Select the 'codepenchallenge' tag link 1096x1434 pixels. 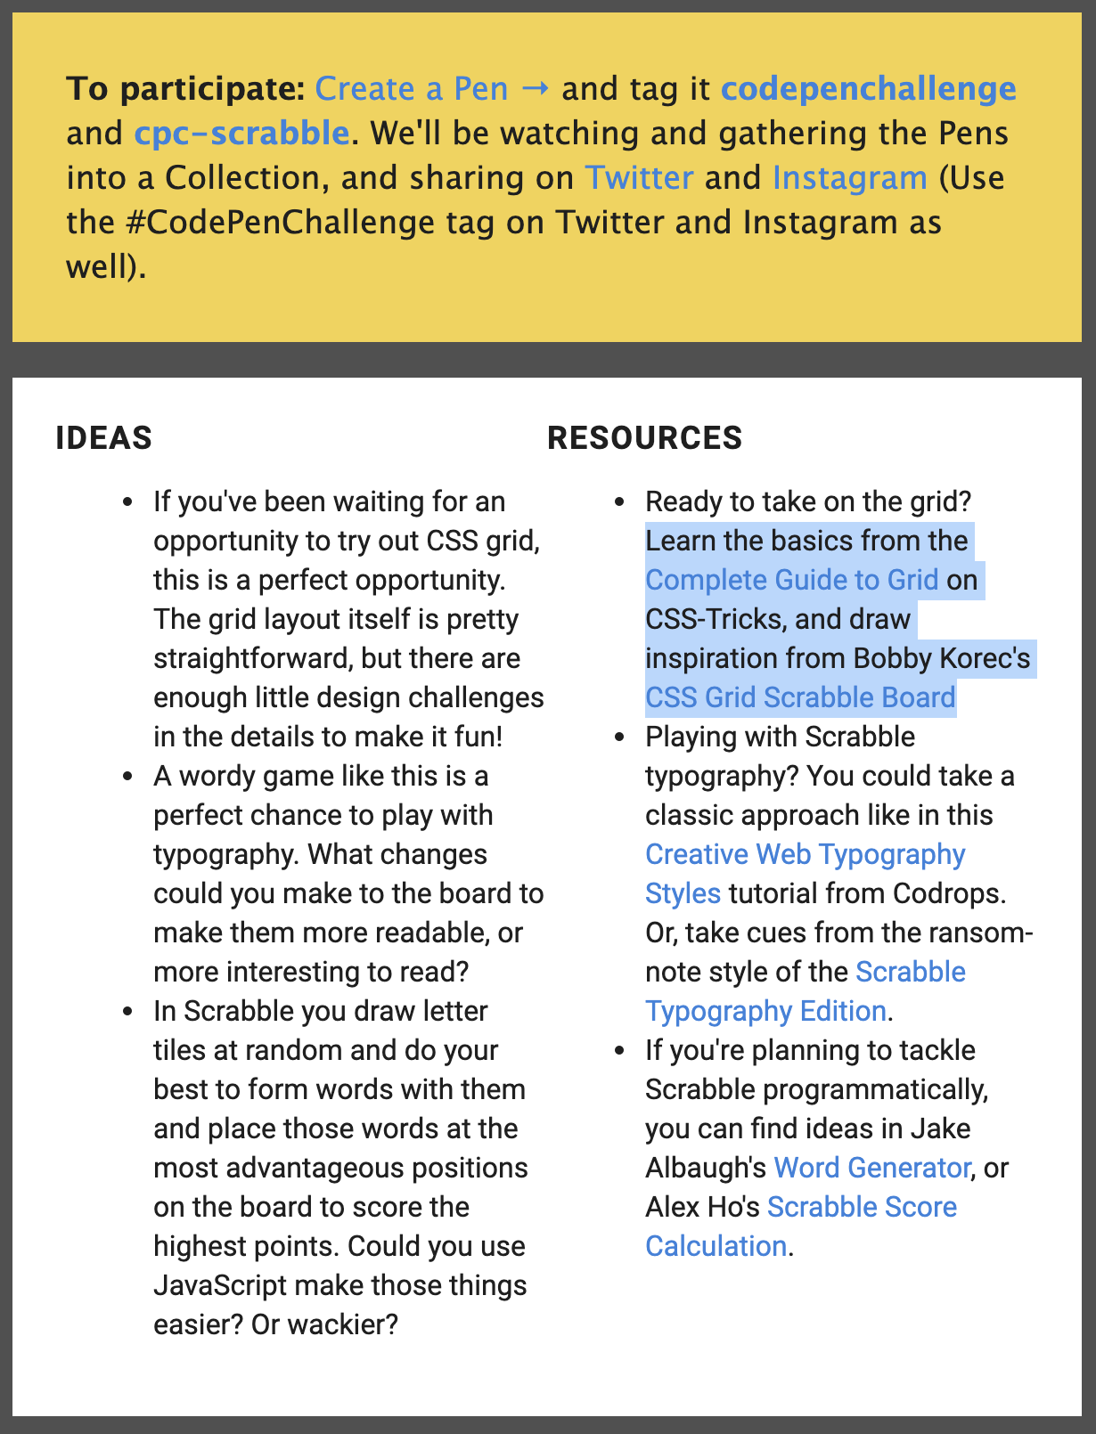click(868, 89)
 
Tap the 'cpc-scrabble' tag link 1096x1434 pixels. click(241, 134)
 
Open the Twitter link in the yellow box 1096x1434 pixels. click(639, 178)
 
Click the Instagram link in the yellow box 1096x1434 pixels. click(849, 178)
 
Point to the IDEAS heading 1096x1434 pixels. click(104, 438)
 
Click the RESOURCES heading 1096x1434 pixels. click(644, 438)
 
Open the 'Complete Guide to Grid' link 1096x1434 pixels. click(791, 580)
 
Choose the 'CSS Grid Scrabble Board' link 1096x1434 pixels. click(800, 697)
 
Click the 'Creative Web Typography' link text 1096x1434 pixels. click(805, 854)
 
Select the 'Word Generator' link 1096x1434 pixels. click(871, 1168)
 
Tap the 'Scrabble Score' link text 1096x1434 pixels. click(862, 1207)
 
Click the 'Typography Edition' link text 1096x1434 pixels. click(765, 1011)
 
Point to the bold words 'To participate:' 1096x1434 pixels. click(185, 89)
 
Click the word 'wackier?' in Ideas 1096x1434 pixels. click(324, 1324)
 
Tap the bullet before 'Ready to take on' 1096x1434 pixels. click(621, 503)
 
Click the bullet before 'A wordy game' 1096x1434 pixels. click(129, 778)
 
